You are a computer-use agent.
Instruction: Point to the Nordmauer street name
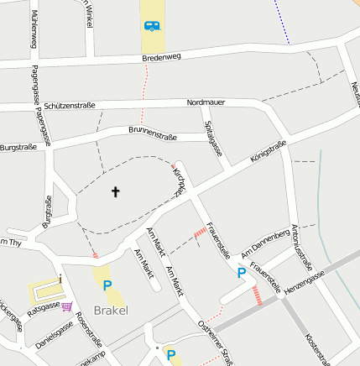tap(206, 102)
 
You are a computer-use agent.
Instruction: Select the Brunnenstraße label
tap(154, 130)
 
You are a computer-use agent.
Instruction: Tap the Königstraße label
tap(269, 153)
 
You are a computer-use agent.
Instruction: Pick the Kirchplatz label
tap(180, 180)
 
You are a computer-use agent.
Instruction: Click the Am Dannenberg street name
tap(264, 243)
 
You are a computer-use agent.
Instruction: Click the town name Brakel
tap(111, 310)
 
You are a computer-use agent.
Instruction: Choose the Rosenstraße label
tap(88, 329)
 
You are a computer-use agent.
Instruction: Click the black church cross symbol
tap(116, 192)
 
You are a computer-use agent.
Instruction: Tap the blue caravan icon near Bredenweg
tap(152, 25)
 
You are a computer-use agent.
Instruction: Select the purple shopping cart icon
tap(67, 306)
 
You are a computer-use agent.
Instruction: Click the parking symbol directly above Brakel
tap(107, 285)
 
